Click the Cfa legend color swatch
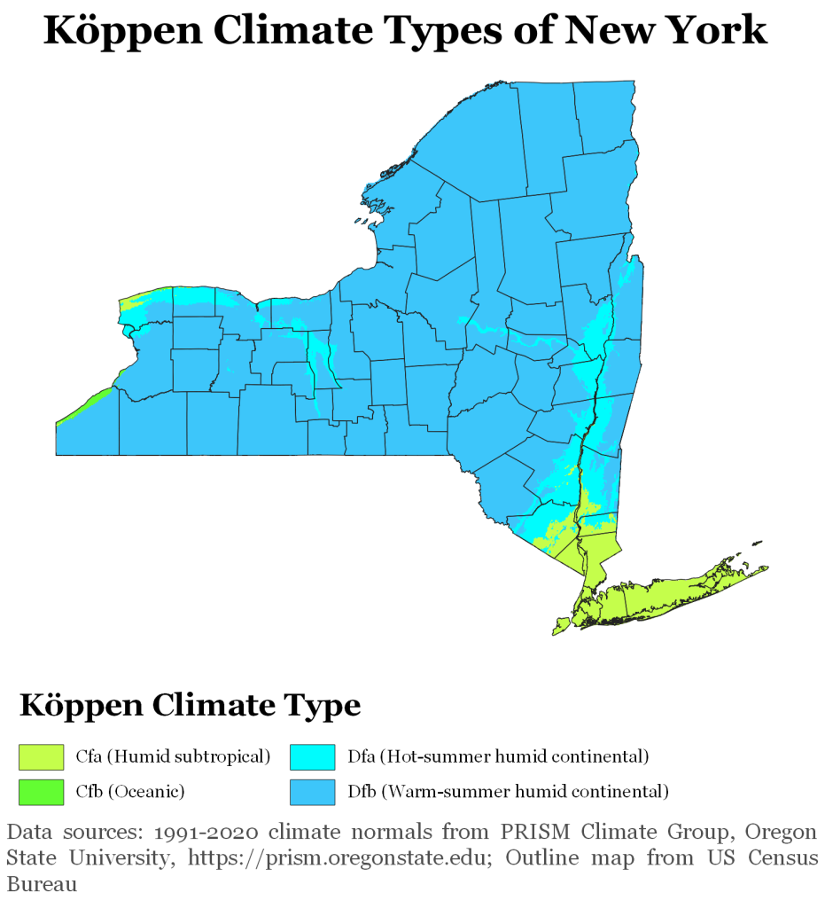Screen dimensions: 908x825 pyautogui.click(x=42, y=756)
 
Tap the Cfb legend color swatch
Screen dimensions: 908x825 pyautogui.click(x=42, y=791)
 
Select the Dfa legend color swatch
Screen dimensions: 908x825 pyautogui.click(x=313, y=756)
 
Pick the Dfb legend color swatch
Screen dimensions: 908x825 pyautogui.click(x=313, y=791)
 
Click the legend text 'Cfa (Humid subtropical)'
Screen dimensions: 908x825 pyautogui.click(x=172, y=756)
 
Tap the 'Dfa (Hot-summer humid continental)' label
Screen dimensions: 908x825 pyautogui.click(x=498, y=756)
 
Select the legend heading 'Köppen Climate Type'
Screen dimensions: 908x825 pyautogui.click(x=191, y=706)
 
